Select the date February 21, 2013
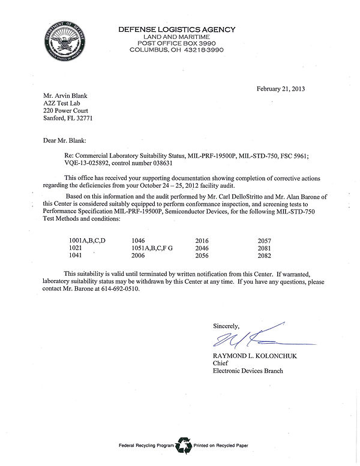point(281,89)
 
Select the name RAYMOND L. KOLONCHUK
point(254,356)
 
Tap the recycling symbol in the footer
point(183,445)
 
